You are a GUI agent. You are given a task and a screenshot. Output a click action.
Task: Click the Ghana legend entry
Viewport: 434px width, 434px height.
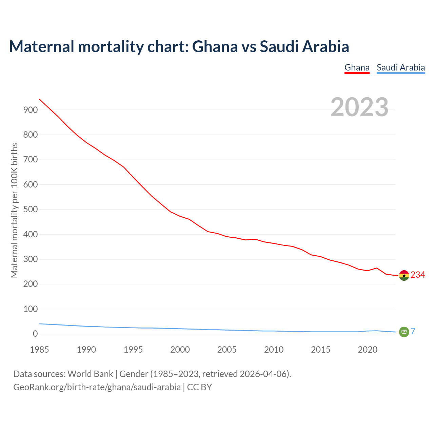pyautogui.click(x=357, y=67)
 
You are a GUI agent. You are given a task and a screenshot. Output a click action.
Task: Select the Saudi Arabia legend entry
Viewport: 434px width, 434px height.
pyautogui.click(x=401, y=67)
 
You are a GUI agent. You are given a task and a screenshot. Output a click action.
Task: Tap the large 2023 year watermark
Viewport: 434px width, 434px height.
pyautogui.click(x=359, y=107)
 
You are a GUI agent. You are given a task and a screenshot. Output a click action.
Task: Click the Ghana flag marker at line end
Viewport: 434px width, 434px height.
pyautogui.click(x=404, y=275)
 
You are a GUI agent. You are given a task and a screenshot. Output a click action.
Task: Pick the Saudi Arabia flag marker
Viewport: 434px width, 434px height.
pyautogui.click(x=404, y=332)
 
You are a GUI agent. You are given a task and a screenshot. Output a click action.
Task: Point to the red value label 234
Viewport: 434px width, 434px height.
pyautogui.click(x=418, y=275)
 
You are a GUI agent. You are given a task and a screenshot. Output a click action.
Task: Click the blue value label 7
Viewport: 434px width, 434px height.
pyautogui.click(x=413, y=331)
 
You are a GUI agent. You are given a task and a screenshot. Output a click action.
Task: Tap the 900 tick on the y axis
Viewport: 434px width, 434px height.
pyautogui.click(x=31, y=110)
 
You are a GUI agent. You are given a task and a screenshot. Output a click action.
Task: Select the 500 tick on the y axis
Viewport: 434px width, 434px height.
pyautogui.click(x=31, y=210)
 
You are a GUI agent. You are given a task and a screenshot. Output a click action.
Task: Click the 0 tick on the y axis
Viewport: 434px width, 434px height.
pyautogui.click(x=35, y=334)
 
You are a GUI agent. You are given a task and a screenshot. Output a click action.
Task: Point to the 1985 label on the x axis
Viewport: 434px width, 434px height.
pyautogui.click(x=39, y=350)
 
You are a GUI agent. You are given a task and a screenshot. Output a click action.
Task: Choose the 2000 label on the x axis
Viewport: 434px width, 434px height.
pyautogui.click(x=180, y=350)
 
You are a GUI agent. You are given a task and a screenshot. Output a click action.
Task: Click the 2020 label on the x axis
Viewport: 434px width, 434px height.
pyautogui.click(x=368, y=350)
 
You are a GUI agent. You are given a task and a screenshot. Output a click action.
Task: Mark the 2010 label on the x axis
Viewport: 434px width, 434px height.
pyautogui.click(x=274, y=350)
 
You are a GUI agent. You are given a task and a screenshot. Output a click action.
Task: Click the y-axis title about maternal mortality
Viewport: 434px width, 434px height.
pyautogui.click(x=14, y=210)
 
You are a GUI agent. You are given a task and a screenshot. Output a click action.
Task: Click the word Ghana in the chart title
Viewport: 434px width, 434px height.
pyautogui.click(x=215, y=46)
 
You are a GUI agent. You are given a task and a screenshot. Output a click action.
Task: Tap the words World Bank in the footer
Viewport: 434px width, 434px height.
pyautogui.click(x=90, y=374)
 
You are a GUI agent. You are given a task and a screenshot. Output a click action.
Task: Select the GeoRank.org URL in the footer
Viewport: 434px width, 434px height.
pyautogui.click(x=97, y=387)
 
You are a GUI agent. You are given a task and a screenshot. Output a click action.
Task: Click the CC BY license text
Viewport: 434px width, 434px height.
pyautogui.click(x=199, y=387)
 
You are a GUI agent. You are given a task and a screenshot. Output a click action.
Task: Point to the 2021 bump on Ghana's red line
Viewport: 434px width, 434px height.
pyautogui.click(x=377, y=268)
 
